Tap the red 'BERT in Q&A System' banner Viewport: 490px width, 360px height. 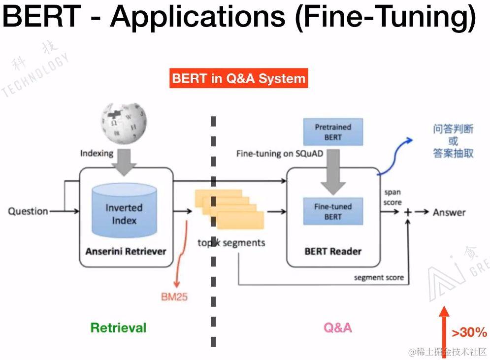(239, 79)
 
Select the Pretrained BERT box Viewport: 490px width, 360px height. (333, 131)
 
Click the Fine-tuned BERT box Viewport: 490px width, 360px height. (333, 211)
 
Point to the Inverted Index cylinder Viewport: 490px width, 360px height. (124, 211)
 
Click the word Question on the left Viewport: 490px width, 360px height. (28, 211)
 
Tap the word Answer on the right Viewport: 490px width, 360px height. (449, 212)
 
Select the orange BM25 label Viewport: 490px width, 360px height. (174, 297)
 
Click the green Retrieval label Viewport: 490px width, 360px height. (119, 327)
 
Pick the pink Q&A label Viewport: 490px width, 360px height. (338, 327)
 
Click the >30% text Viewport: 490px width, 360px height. (469, 333)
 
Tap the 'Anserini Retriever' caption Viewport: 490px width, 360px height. (126, 251)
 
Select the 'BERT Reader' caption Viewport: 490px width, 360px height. (333, 251)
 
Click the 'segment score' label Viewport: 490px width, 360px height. (379, 278)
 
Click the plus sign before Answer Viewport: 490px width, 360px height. (408, 212)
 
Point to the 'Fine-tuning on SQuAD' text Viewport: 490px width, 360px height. (280, 154)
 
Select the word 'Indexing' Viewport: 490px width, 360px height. (97, 153)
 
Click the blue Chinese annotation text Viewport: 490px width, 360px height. (453, 141)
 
